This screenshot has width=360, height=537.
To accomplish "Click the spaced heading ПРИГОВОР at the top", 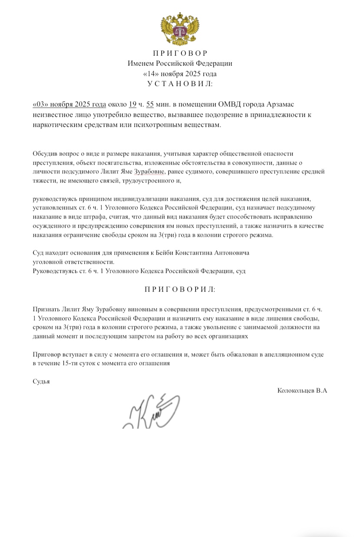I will [x=180, y=53].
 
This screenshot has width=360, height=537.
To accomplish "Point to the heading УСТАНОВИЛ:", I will [x=180, y=83].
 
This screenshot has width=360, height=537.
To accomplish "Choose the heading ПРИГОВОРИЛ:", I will [x=180, y=289].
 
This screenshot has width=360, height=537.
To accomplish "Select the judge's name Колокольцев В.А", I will [x=302, y=391].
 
